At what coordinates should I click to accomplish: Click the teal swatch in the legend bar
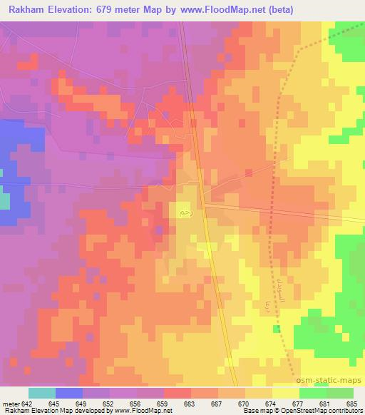pyautogui.click(x=42, y=393)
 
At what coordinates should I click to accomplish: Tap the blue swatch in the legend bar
pyautogui.click(x=69, y=393)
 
